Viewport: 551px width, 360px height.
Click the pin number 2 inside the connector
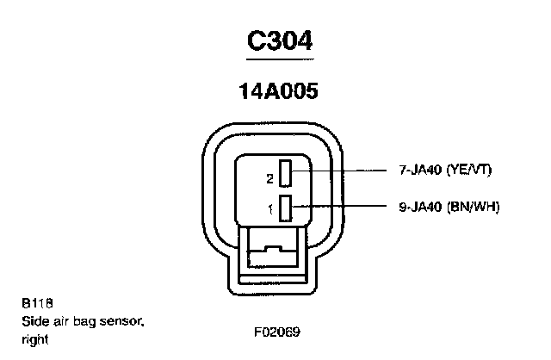[270, 179]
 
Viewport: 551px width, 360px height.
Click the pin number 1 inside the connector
[270, 208]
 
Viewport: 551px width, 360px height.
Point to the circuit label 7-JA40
[419, 171]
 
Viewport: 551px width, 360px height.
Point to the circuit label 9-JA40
[419, 207]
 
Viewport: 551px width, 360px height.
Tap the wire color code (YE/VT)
[469, 171]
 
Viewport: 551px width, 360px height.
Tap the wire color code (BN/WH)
[472, 207]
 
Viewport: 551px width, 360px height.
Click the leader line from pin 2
[344, 171]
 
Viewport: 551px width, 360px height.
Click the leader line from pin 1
[344, 206]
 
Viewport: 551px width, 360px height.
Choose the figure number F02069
[275, 331]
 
